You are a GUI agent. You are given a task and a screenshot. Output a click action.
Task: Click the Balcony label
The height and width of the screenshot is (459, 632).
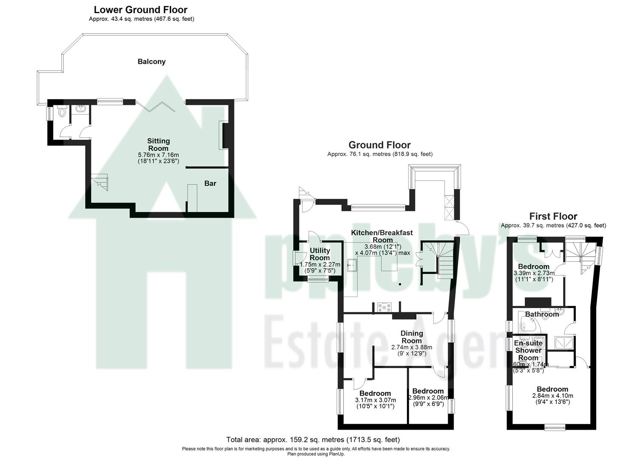click(152, 62)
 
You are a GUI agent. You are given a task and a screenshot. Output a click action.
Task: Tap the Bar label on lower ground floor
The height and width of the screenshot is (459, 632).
click(210, 184)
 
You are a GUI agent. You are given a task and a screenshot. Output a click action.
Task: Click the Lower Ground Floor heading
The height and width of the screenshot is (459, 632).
click(140, 9)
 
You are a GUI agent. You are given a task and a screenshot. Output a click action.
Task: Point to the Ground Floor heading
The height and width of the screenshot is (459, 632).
click(379, 145)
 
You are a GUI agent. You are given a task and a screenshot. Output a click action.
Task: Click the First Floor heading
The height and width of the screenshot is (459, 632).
click(553, 216)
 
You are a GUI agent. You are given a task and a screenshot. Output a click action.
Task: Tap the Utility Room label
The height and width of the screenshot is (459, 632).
click(320, 254)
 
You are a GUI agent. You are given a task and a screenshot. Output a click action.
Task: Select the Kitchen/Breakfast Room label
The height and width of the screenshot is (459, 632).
click(382, 236)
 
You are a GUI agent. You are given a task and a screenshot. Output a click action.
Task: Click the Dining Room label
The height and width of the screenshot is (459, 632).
click(412, 337)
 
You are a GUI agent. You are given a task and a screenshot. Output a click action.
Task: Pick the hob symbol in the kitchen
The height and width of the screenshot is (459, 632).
click(384, 307)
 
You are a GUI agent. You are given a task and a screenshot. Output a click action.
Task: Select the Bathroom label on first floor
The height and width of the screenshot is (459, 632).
click(541, 314)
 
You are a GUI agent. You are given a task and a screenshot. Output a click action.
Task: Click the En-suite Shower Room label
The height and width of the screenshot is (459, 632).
click(528, 350)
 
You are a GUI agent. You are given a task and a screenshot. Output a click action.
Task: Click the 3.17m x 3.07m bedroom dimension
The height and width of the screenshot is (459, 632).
click(375, 403)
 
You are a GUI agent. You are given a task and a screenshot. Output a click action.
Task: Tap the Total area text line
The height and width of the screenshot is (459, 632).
click(313, 439)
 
